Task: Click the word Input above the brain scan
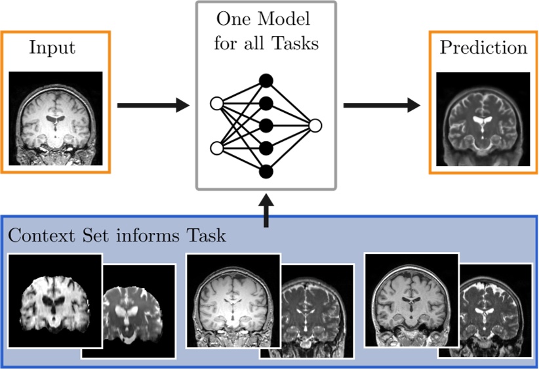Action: click(52, 49)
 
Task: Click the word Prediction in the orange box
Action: click(483, 48)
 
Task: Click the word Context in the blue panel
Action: click(39, 235)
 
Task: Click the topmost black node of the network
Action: click(266, 81)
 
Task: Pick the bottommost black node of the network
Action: click(266, 172)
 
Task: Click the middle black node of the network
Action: click(266, 125)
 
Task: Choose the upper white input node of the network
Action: click(216, 103)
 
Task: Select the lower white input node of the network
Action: click(216, 148)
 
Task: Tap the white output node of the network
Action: click(315, 125)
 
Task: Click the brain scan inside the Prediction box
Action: click(483, 117)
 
